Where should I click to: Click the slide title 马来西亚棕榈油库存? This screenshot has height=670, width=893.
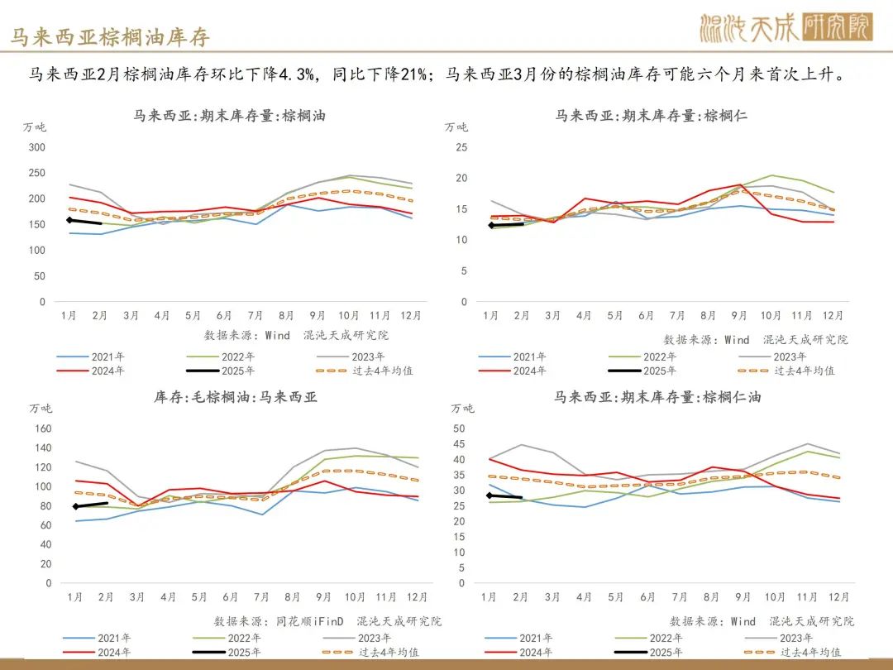[111, 37]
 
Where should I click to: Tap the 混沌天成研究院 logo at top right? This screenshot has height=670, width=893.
[786, 28]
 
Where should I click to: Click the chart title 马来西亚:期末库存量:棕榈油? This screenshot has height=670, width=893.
[229, 116]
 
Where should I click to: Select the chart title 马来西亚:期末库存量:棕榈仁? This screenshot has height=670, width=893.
[651, 116]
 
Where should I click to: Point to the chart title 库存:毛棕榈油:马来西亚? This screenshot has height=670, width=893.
[236, 397]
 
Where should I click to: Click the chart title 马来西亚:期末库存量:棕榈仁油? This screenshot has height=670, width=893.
[657, 397]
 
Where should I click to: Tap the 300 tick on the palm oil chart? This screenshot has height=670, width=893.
[36, 147]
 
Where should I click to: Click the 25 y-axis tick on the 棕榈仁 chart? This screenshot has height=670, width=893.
[461, 147]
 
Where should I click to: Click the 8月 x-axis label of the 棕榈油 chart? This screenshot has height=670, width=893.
[286, 315]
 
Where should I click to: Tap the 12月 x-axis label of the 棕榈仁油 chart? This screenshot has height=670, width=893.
[838, 596]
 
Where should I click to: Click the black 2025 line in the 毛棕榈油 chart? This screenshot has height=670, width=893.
[91, 505]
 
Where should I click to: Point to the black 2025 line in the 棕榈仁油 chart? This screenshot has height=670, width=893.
[504, 496]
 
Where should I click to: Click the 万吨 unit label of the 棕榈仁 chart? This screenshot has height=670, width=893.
[456, 127]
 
